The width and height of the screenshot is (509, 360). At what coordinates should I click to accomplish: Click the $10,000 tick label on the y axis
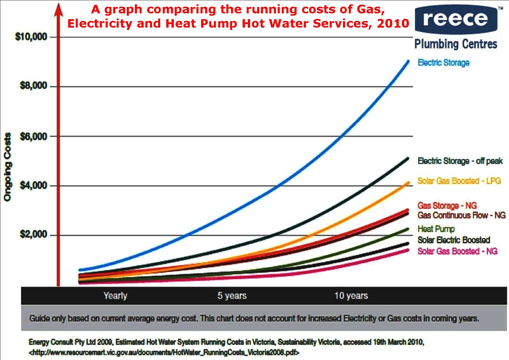31,37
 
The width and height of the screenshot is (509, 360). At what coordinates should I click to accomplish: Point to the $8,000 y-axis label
33,86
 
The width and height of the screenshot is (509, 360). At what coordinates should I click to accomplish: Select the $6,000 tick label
33,136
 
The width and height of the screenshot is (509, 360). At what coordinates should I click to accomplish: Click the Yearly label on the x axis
115,296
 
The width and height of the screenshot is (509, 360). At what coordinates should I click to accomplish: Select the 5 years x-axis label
232,296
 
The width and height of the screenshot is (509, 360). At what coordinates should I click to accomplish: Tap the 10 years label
351,296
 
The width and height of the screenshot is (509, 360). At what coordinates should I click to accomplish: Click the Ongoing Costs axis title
8,167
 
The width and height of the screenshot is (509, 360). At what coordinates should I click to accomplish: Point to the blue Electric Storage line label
443,62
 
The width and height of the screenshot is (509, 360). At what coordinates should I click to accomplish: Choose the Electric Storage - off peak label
460,161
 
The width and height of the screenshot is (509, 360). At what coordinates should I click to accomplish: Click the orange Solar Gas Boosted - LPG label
459,181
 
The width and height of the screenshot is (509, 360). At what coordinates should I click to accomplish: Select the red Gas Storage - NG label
447,206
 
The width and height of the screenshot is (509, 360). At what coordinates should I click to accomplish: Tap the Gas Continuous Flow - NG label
461,215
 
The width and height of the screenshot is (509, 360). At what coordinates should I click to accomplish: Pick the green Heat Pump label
436,229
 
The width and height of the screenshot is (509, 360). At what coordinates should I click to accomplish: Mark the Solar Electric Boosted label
454,240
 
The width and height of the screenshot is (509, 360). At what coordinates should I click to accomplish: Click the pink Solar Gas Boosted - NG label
457,251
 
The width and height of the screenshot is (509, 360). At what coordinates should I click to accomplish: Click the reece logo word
455,19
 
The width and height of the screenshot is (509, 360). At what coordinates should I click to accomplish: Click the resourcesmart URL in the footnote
164,352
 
